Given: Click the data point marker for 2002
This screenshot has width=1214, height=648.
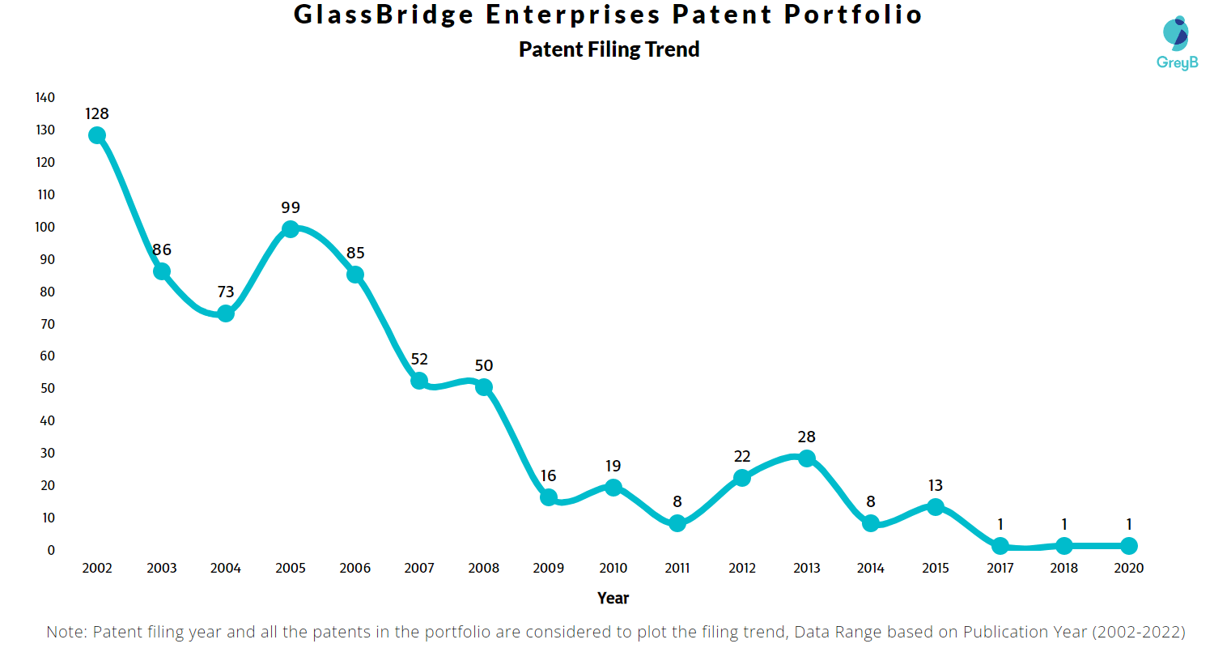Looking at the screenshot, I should (x=97, y=135).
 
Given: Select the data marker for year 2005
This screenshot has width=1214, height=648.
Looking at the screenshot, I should (x=291, y=229).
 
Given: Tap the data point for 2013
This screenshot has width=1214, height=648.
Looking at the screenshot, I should (x=806, y=458).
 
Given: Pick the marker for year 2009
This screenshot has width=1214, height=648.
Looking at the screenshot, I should (x=549, y=497).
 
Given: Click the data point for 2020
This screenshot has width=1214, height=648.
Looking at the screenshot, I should (x=1128, y=546).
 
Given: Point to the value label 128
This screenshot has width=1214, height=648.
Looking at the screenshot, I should (x=97, y=113).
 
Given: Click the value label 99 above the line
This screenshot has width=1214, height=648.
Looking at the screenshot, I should (x=291, y=207).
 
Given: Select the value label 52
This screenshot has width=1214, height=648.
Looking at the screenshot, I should (x=419, y=359).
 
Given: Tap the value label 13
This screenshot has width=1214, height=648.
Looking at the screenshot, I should (x=935, y=485).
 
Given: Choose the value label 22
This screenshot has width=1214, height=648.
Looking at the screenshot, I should (x=742, y=456).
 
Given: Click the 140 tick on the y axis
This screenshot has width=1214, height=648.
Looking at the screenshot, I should (x=45, y=97).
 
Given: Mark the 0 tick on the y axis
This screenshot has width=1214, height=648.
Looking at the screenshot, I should (x=51, y=550).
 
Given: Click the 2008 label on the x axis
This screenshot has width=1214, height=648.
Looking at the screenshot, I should (x=484, y=569).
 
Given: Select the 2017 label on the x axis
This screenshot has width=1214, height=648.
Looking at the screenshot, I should (x=1000, y=569).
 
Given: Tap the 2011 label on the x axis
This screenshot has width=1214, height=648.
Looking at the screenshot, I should (x=677, y=569).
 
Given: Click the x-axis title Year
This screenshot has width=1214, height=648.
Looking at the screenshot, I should (x=613, y=599).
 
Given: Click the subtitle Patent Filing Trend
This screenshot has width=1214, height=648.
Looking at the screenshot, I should (x=609, y=49).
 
